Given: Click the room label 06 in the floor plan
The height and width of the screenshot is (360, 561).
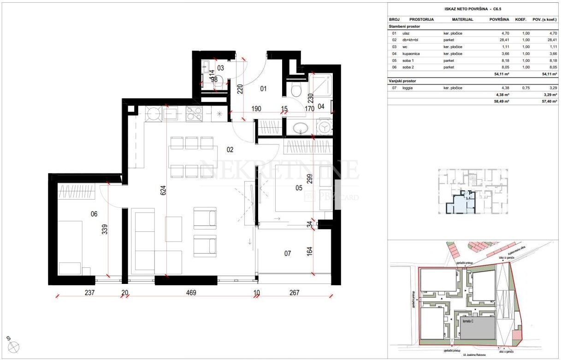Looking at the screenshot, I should [x=94, y=214].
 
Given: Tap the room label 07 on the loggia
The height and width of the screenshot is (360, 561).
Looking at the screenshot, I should [x=288, y=253].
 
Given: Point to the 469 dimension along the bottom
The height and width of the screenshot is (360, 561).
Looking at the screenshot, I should [x=191, y=292].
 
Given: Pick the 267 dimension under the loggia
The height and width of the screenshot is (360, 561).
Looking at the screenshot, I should [x=294, y=292].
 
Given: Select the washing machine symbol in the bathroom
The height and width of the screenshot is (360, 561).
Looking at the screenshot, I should [x=325, y=127].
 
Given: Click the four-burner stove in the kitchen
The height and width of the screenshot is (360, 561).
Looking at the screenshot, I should [x=194, y=113].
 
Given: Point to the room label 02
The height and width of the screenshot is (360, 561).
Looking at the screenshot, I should [x=230, y=149].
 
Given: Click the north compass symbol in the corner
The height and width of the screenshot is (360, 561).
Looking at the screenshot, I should [x=13, y=347].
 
